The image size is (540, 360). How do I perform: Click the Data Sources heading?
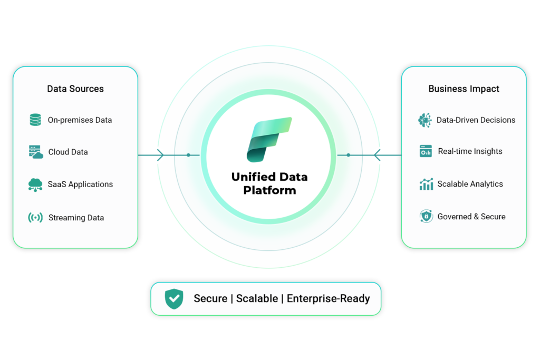pyautogui.click(x=75, y=89)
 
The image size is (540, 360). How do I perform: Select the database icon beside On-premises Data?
pyautogui.click(x=35, y=120)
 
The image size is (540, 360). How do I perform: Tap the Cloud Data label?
pyautogui.click(x=68, y=152)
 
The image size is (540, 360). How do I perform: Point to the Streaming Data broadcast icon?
pyautogui.click(x=35, y=218)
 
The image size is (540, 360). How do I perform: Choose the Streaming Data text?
pyautogui.click(x=76, y=218)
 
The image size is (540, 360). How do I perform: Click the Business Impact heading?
pyautogui.click(x=464, y=89)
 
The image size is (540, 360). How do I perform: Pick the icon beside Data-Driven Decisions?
pyautogui.click(x=425, y=120)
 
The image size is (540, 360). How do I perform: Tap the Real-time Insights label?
pyautogui.click(x=470, y=151)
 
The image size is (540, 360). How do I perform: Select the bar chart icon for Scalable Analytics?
pyautogui.click(x=426, y=184)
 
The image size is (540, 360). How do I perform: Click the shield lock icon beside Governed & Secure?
pyautogui.click(x=426, y=216)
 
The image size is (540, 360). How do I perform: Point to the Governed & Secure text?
pyautogui.click(x=471, y=217)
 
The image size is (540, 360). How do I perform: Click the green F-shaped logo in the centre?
pyautogui.click(x=269, y=140)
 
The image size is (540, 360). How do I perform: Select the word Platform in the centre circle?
pyautogui.click(x=269, y=190)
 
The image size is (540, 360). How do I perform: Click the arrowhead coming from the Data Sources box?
pyautogui.click(x=160, y=155)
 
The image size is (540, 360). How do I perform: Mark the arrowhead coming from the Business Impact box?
pyautogui.click(x=377, y=155)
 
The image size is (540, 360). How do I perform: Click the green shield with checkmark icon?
pyautogui.click(x=174, y=299)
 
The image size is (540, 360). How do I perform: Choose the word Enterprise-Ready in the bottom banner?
pyautogui.click(x=328, y=298)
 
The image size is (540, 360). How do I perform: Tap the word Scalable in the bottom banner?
pyautogui.click(x=257, y=298)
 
